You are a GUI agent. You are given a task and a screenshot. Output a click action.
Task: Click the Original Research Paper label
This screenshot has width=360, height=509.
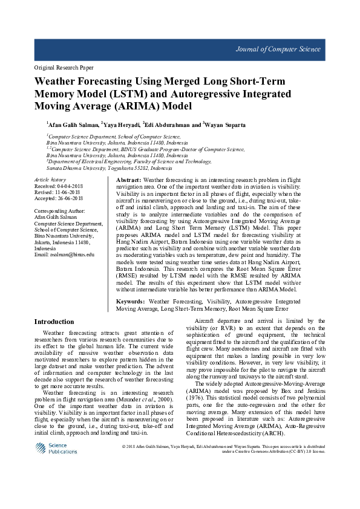(64, 68)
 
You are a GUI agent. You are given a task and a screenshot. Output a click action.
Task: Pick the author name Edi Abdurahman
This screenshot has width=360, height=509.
(168, 125)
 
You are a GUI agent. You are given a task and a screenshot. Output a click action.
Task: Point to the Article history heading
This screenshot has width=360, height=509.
(50, 180)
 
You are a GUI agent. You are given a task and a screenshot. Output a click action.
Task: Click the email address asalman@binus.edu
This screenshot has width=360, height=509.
(73, 254)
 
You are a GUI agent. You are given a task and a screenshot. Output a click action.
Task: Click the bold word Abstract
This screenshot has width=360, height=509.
(128, 180)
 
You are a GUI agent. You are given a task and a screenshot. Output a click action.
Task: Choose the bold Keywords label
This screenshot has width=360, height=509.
(130, 300)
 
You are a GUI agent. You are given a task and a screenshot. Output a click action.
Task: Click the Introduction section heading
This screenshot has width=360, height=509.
(54, 322)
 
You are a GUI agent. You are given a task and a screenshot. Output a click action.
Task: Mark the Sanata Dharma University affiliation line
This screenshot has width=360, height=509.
(101, 167)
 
